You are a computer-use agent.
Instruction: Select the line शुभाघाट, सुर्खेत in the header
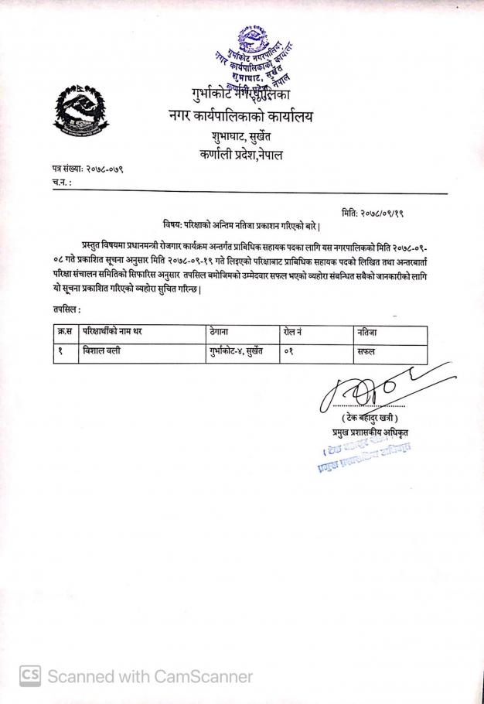(x=241, y=138)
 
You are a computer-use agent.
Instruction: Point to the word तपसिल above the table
(x=68, y=309)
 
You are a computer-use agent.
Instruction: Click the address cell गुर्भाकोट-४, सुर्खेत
(x=238, y=351)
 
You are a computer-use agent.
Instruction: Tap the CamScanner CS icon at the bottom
(x=29, y=675)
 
